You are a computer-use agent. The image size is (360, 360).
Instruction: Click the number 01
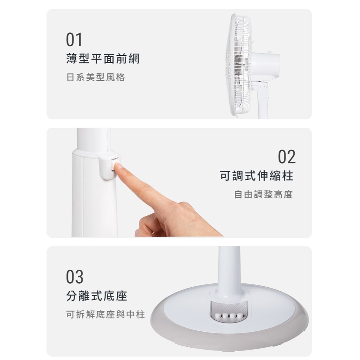[74, 40]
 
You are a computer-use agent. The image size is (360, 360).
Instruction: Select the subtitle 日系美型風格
[96, 77]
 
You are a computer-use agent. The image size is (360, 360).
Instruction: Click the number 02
[286, 157]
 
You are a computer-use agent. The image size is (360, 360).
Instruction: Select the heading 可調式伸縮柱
[257, 176]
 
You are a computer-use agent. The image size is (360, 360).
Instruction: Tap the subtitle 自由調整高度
[263, 194]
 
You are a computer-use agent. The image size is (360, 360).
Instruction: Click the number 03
[74, 277]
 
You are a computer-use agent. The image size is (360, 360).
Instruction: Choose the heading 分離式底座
[97, 296]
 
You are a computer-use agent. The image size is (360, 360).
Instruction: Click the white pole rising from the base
[229, 268]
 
